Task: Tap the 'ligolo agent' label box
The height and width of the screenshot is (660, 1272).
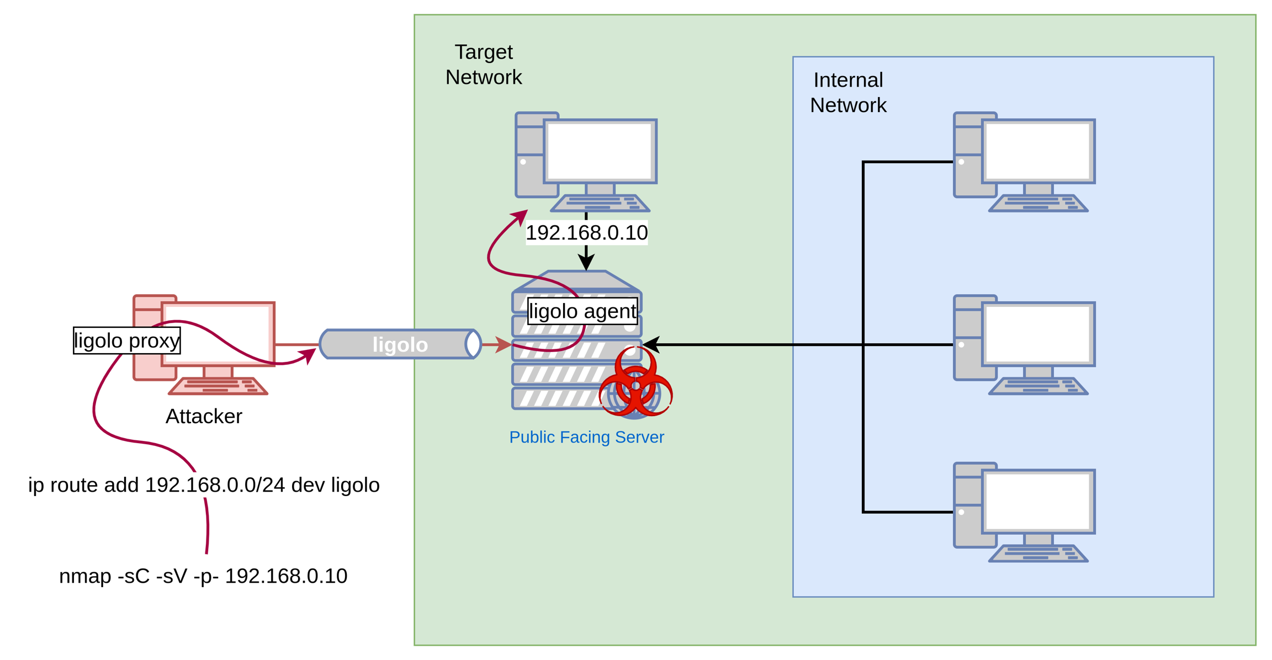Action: coord(582,311)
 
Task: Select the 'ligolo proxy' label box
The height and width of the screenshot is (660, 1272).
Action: coord(127,340)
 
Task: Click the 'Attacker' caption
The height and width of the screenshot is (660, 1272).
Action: coord(204,416)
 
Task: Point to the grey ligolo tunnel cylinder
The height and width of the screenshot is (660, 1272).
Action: coord(400,344)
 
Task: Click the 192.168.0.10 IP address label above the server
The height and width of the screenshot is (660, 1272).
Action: coord(586,232)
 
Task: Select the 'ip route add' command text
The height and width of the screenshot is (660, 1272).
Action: coord(204,485)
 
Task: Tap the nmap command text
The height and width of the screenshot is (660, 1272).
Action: coord(203,576)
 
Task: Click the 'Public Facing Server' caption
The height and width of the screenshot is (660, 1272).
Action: coord(586,437)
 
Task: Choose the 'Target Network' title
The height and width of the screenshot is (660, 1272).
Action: coord(484,65)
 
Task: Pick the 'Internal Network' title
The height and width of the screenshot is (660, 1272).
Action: coord(848,93)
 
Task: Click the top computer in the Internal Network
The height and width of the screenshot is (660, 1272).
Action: coord(1024,161)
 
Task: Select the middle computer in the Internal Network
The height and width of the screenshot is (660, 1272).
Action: coord(1024,344)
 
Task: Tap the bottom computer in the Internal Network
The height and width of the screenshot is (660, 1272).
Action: coord(1024,512)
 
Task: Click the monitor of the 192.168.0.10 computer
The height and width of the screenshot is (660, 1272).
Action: coord(600,151)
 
